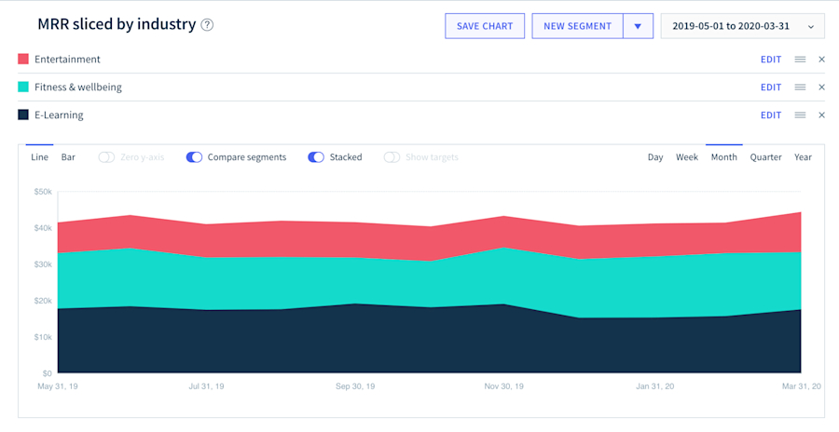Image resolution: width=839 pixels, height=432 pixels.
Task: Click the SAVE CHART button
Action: (485, 26)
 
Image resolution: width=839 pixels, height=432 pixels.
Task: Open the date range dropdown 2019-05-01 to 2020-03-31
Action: (742, 26)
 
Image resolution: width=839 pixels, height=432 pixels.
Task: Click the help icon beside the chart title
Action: (207, 25)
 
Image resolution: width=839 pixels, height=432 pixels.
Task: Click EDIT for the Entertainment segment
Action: (770, 60)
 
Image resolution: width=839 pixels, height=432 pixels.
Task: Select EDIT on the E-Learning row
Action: (770, 115)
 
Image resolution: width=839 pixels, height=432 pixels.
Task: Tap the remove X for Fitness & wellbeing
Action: (821, 88)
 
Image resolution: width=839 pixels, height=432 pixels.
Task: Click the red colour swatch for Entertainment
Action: (23, 60)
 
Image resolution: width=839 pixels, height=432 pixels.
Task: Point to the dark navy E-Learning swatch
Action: (23, 115)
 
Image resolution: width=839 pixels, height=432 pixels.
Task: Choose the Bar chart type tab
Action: (68, 157)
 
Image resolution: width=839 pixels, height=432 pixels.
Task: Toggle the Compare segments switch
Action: (194, 157)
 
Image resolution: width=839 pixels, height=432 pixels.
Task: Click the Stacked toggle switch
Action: (316, 157)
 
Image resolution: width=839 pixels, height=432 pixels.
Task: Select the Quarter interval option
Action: (765, 157)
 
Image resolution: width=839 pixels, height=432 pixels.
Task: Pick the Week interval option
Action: (687, 157)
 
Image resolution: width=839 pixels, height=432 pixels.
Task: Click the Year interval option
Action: (803, 157)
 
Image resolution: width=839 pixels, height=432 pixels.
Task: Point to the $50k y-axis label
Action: (43, 192)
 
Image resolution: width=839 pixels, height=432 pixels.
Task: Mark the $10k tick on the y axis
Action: (43, 337)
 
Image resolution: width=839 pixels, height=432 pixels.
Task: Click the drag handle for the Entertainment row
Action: (800, 60)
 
